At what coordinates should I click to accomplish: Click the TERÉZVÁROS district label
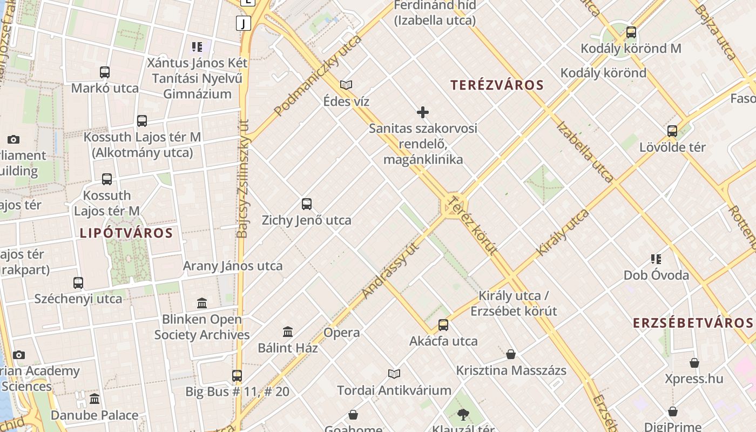point(497,85)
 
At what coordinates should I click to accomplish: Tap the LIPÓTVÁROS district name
point(126,233)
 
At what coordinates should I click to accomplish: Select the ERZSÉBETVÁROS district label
point(693,323)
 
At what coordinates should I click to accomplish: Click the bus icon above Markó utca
point(105,72)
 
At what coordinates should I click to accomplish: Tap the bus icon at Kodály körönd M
point(631,32)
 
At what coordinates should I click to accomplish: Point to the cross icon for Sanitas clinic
point(423,112)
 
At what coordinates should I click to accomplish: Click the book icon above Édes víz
point(346,85)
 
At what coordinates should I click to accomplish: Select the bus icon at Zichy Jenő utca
point(307,204)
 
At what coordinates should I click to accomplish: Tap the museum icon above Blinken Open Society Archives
point(202,303)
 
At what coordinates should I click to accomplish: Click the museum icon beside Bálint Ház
point(288,332)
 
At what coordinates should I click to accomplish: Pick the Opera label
point(342,333)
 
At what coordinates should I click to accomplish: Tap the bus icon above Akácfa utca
point(443,325)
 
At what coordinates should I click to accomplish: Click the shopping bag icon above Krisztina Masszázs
point(511,354)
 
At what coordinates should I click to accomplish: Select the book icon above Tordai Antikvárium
point(394,374)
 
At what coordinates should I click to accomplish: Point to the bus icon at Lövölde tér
point(672,131)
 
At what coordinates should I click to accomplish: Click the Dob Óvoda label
point(656,275)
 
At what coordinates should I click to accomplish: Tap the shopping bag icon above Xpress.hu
point(694,363)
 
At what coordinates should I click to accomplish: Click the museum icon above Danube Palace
point(94,399)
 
